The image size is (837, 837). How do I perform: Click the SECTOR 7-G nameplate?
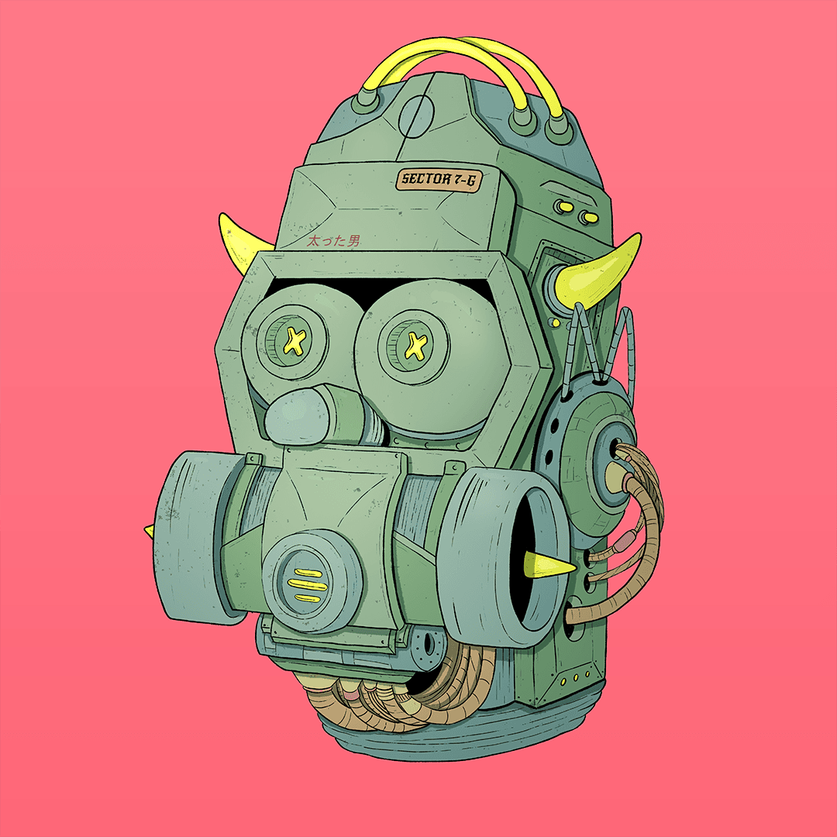(439, 179)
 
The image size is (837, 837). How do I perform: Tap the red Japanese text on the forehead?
(334, 241)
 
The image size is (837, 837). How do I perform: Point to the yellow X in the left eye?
(294, 340)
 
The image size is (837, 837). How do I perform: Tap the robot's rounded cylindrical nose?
(319, 415)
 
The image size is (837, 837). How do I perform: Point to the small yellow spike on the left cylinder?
(150, 530)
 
